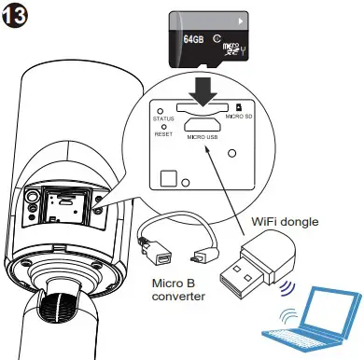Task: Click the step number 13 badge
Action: pos(17,17)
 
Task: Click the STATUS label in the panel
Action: pos(164,118)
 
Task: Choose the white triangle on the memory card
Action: pos(242,19)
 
